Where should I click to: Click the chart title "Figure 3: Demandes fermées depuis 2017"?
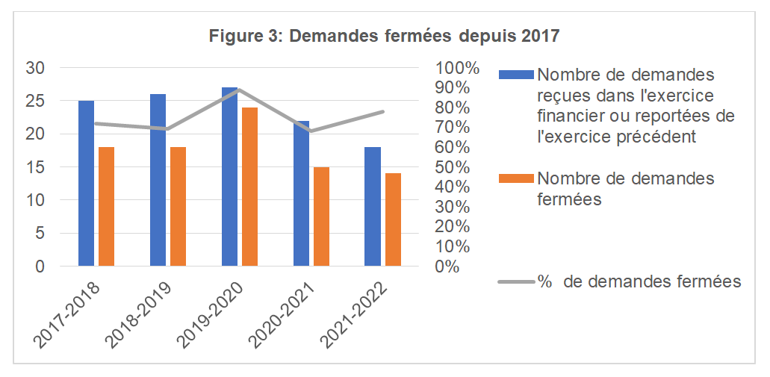[x=385, y=35]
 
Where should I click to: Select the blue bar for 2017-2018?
[x=87, y=183]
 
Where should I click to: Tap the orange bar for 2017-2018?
[x=106, y=206]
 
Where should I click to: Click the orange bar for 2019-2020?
[x=249, y=187]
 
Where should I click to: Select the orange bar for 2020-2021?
[x=321, y=216]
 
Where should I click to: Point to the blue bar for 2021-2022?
[x=373, y=206]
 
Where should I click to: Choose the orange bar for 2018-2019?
[x=178, y=206]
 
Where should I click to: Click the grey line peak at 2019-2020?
[x=239, y=90]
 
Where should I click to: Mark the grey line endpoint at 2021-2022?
[x=383, y=111]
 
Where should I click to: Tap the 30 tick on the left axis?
[x=36, y=68]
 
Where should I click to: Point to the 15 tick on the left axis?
[x=36, y=167]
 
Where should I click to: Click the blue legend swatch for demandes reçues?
[x=516, y=75]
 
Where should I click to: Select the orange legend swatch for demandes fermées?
[x=516, y=178]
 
